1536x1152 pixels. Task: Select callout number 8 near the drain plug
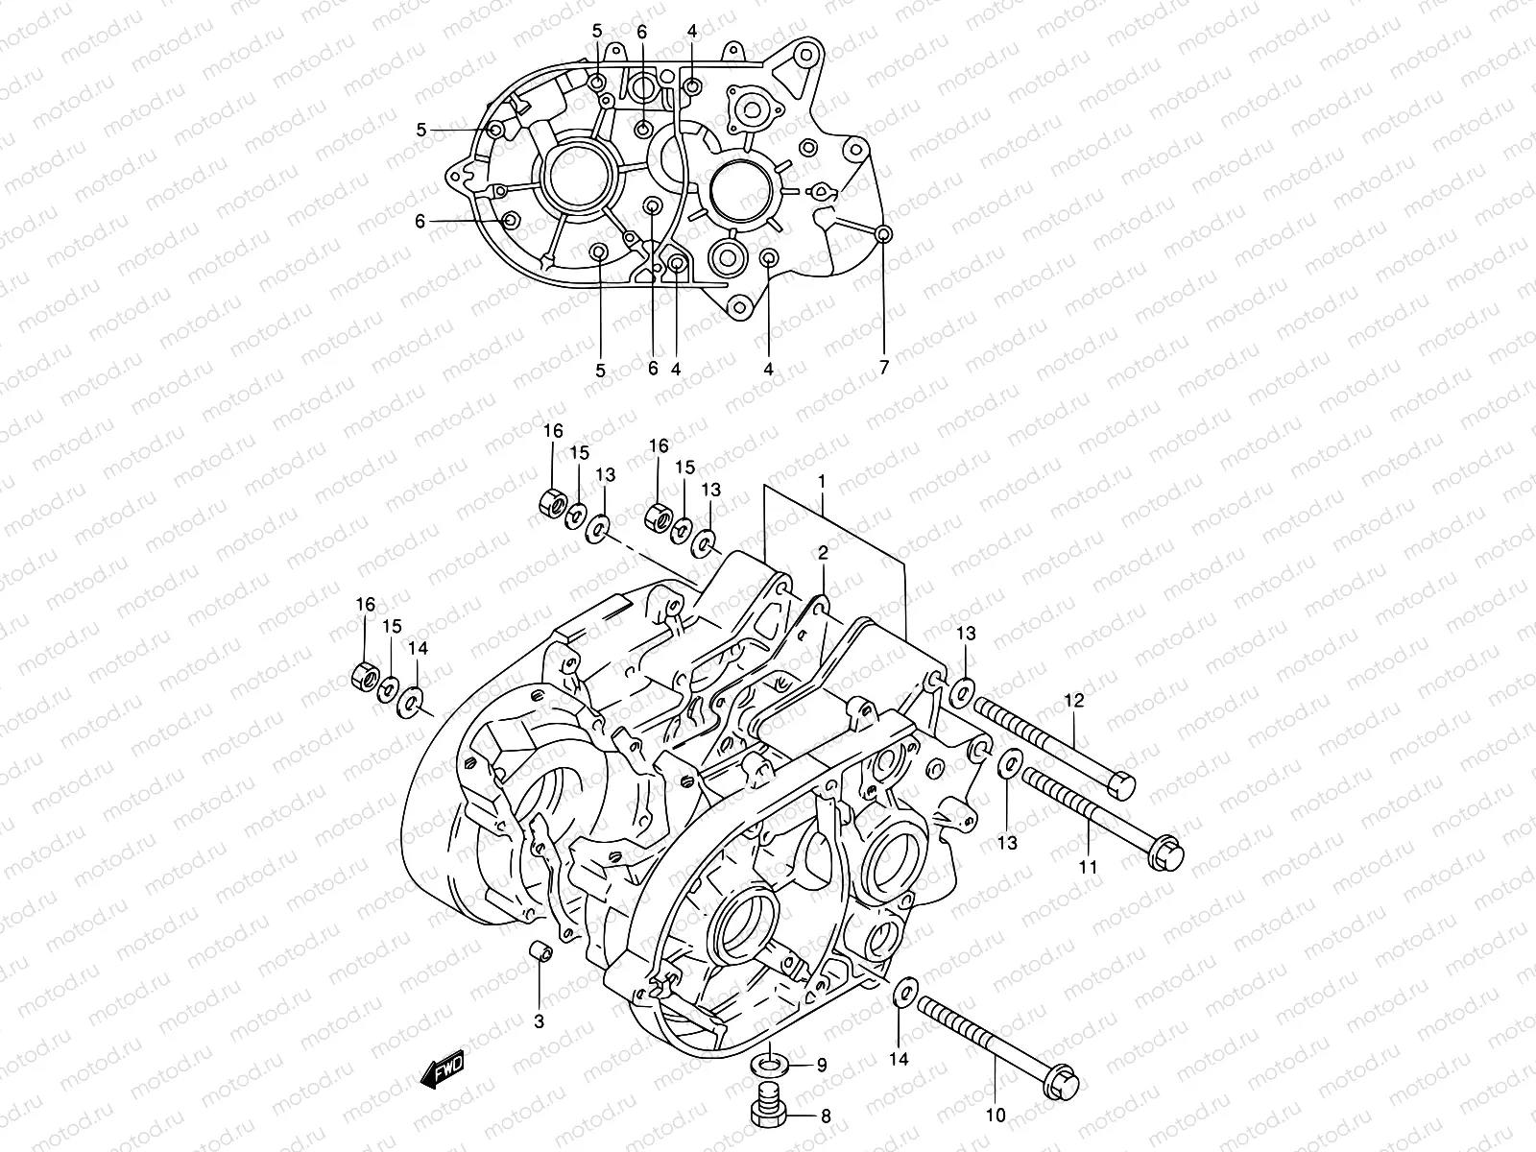825,1116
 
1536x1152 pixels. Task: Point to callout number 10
995,1116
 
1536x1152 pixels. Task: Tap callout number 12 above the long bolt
1072,702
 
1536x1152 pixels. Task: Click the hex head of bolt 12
1119,785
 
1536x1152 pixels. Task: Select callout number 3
539,1021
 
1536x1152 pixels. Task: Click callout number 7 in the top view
884,367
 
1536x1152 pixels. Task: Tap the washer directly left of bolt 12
964,690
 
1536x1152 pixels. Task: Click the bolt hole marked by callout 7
884,233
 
